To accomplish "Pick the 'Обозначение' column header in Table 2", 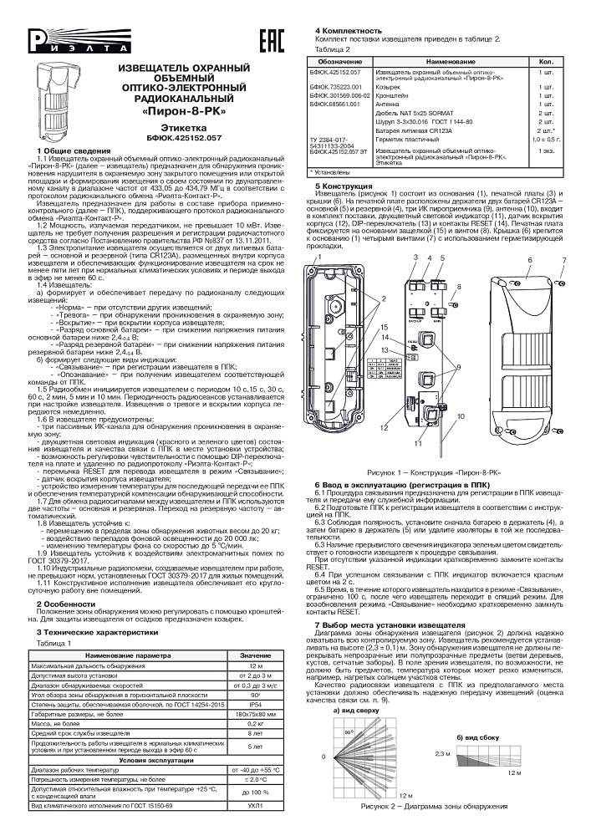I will [339, 63].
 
